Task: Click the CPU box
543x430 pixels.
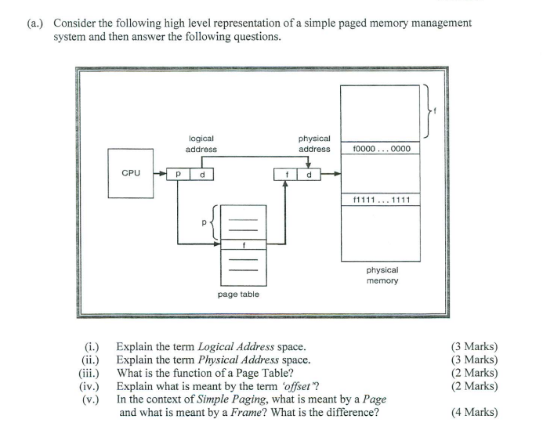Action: click(130, 172)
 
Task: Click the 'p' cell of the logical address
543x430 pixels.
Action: click(179, 174)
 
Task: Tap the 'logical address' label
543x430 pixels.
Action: click(201, 143)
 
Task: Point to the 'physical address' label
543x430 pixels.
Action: click(314, 143)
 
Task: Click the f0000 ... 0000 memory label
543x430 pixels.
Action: click(381, 148)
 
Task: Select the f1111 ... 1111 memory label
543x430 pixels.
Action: click(381, 201)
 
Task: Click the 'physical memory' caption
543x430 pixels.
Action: click(382, 275)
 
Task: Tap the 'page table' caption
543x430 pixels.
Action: click(238, 294)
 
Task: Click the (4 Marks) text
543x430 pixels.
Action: click(474, 413)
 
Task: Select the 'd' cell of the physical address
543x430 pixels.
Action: click(309, 174)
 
